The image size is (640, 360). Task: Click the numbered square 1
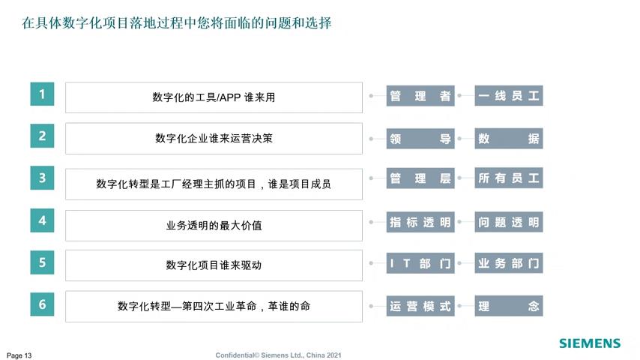[42, 94]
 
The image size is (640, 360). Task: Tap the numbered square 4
[42, 220]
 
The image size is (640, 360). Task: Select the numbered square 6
[42, 304]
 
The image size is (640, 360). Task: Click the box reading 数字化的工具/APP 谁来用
[214, 97]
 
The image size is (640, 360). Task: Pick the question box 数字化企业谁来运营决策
[214, 139]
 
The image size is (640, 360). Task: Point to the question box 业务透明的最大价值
[214, 226]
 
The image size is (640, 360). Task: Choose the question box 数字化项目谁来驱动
[214, 265]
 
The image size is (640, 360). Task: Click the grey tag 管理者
[420, 95]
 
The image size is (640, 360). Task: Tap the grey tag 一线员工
[509, 95]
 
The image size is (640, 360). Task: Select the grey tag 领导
[420, 139]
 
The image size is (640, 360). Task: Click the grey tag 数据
[509, 139]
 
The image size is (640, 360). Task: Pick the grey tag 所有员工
[509, 178]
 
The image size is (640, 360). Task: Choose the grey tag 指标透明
[420, 222]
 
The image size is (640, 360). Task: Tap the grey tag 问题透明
[509, 222]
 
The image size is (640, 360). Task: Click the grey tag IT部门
[420, 263]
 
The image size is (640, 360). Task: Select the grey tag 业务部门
[509, 263]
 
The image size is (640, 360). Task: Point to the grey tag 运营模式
[420, 306]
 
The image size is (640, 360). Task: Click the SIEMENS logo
[590, 343]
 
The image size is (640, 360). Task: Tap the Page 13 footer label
[19, 355]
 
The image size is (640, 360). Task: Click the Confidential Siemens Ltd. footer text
[278, 355]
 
